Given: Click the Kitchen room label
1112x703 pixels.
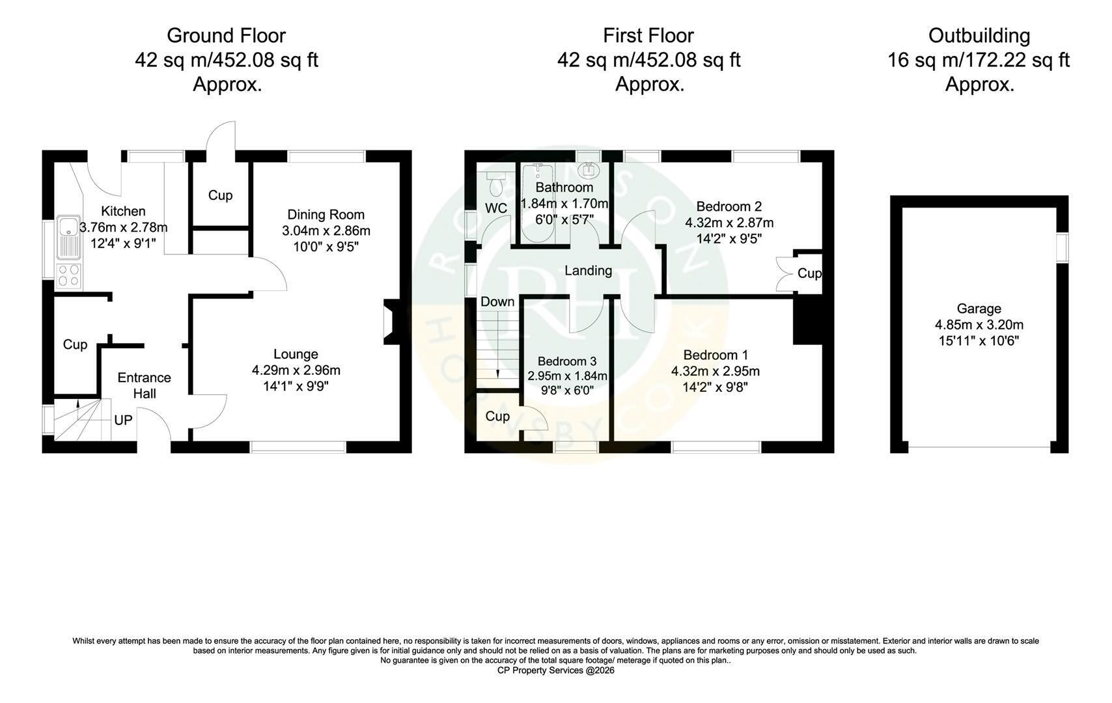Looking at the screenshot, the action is [123, 211].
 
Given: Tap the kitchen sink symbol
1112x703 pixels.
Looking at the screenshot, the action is [68, 237].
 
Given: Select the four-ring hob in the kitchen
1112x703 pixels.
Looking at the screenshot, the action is [68, 276].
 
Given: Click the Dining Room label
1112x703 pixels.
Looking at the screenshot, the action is [326, 214].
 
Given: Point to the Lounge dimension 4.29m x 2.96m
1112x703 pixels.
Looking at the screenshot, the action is [296, 370].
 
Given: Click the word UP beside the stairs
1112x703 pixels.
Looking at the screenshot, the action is [123, 420].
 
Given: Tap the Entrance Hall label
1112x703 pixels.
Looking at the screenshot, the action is [145, 385].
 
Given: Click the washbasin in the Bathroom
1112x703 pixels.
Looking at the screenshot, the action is [589, 171].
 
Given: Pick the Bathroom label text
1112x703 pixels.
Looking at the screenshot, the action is [564, 187].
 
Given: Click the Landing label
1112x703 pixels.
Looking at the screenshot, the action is [589, 271].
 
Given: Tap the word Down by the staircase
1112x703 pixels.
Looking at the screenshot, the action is [497, 302].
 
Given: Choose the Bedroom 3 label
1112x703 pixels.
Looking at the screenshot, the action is [567, 361].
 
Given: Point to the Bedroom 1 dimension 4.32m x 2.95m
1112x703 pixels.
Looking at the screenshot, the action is [716, 371].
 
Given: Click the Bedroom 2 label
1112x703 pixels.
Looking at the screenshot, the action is [729, 206].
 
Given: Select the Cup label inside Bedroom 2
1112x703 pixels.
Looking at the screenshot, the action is [810, 273].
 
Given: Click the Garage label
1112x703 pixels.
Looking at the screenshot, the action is [979, 309].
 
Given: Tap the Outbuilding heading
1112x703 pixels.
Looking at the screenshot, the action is [979, 36].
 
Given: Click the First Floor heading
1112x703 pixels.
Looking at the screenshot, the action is [648, 36].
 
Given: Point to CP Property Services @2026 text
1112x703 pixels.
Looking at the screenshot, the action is [556, 670].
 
